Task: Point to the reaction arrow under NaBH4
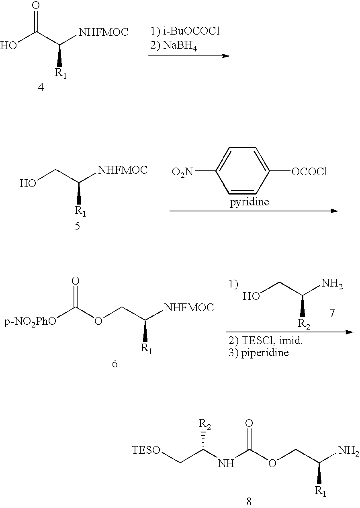[x=188, y=56]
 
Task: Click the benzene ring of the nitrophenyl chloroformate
[x=243, y=172]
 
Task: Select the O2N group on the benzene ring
[x=182, y=172]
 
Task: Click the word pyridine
[x=249, y=202]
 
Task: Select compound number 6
[x=115, y=365]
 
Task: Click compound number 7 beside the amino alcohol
[x=332, y=313]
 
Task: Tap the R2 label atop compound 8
[x=206, y=424]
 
